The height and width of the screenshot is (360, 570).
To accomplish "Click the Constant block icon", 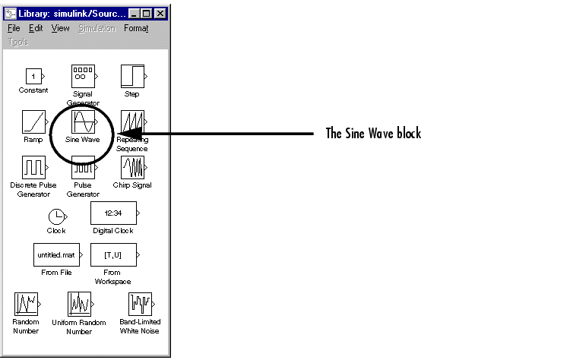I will pos(33,77).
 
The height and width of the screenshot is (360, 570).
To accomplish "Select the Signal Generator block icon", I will pos(82,76).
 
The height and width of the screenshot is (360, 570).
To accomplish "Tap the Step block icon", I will pos(131,76).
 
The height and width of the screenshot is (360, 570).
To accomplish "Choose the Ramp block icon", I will pos(33,122).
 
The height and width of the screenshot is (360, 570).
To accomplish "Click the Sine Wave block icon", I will pos(82,122).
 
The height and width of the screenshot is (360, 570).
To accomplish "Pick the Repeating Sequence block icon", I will pos(132,122).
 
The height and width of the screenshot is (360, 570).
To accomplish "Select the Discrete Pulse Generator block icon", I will pos(33,167).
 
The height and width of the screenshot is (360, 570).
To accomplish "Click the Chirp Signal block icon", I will pos(132,167).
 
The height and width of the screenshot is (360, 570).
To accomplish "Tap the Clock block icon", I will pos(56,216).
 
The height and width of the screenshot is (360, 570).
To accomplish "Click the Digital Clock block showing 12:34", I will pos(112,213).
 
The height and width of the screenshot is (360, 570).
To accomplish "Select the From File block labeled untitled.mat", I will pos(56,254).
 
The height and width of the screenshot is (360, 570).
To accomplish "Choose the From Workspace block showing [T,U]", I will pos(112,254).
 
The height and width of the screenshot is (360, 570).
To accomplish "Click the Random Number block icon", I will pos(26,303).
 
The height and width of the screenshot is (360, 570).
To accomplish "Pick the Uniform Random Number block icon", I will pos(79,303).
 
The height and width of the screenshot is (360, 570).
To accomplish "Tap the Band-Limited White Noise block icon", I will pos(139,303).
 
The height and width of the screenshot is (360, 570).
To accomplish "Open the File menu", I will pos(14,28).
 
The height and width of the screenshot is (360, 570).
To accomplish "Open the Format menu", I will pos(136,28).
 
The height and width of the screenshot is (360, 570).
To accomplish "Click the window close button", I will pos(159,13).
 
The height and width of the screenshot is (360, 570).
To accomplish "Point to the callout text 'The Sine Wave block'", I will pos(373,134).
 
